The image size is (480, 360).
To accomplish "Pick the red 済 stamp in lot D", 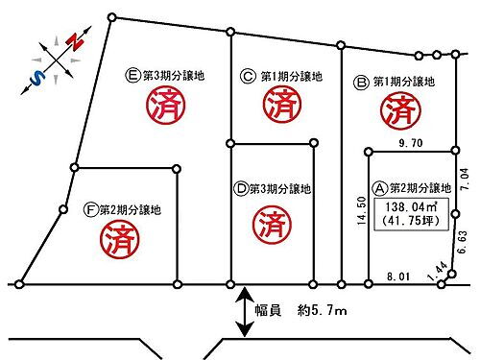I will click(x=272, y=226).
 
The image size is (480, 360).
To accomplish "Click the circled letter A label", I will click(x=380, y=187).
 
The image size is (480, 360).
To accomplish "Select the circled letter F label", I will click(x=91, y=208).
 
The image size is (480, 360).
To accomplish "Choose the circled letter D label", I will click(x=242, y=190).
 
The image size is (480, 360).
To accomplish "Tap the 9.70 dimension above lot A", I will click(x=411, y=143).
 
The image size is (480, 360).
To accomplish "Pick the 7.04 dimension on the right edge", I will click(x=465, y=182).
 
